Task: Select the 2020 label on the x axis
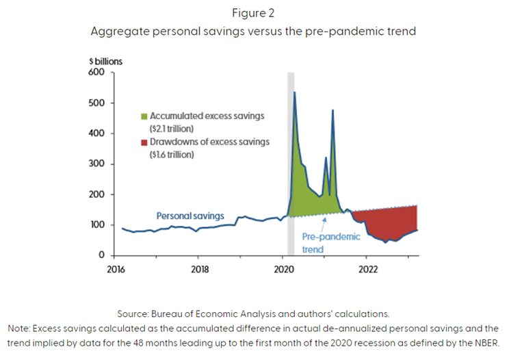coord(283,268)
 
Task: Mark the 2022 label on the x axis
coord(367,268)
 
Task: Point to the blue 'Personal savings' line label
coord(190,216)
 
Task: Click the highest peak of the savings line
coord(294,92)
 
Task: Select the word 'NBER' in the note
coord(488,342)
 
